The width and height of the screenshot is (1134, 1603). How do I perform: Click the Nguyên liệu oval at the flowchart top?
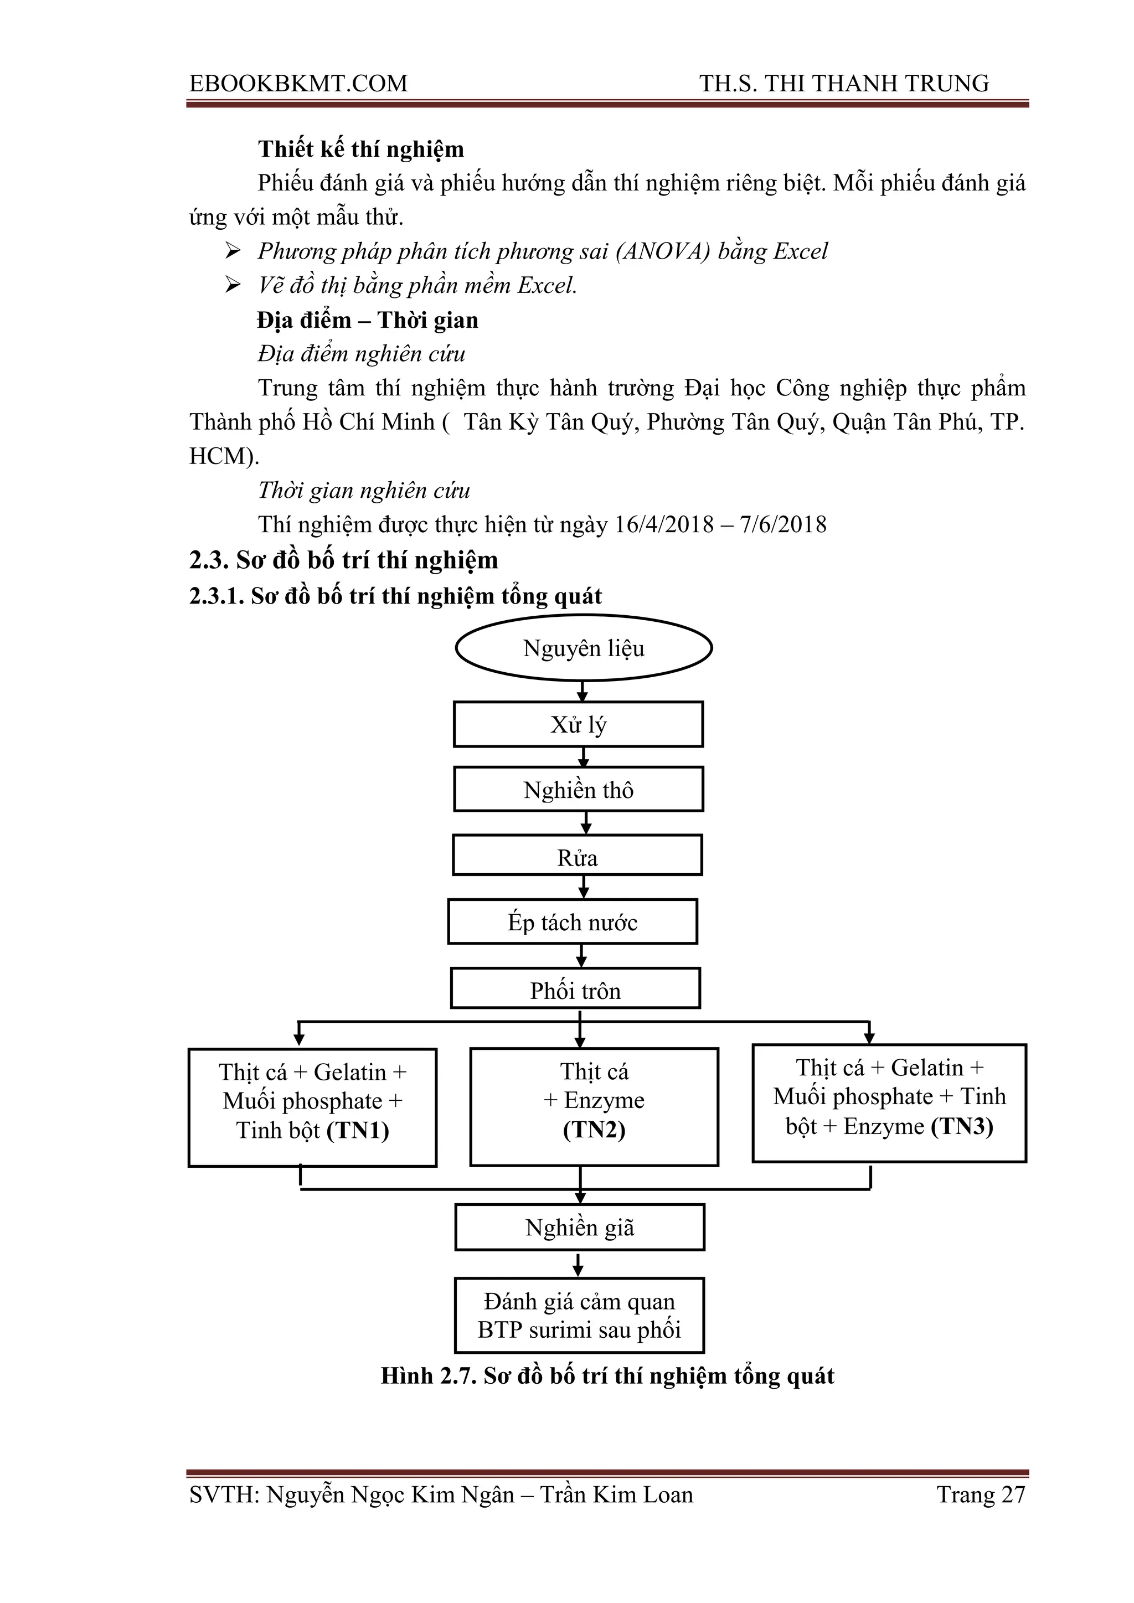(x=584, y=647)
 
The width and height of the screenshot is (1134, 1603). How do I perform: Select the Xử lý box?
(x=578, y=725)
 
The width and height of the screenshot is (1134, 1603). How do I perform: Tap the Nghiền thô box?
(x=578, y=790)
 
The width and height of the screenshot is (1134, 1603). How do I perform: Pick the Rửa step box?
(x=578, y=856)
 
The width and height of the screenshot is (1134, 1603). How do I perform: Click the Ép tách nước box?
(x=573, y=921)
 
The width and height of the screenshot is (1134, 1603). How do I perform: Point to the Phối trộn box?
(x=575, y=988)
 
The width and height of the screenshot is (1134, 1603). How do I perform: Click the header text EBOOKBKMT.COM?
(x=299, y=84)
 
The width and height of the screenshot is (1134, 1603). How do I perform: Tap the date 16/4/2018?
(x=664, y=524)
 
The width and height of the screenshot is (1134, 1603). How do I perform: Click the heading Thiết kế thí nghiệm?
(x=361, y=150)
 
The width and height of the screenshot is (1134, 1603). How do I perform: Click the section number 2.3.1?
(x=217, y=596)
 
